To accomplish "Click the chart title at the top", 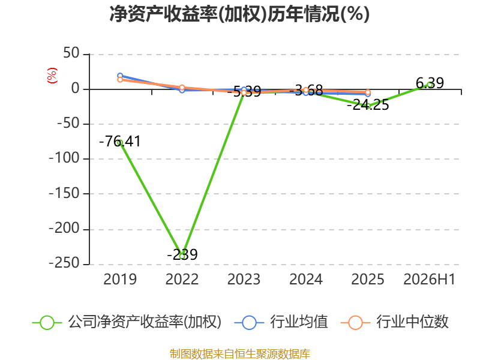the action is click(239, 14).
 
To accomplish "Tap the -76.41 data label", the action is click(120, 142).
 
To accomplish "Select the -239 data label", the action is click(182, 254).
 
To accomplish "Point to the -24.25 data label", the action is click(368, 104).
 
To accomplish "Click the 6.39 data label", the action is click(430, 83).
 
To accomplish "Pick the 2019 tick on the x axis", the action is click(120, 279).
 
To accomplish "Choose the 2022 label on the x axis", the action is click(182, 279).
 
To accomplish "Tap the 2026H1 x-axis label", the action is click(430, 279).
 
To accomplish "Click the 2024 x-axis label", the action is click(306, 279).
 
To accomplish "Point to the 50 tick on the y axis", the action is click(71, 53).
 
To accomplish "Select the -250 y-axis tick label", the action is click(64, 263).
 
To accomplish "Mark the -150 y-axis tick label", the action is click(64, 193).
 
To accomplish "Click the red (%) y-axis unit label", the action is click(52, 76).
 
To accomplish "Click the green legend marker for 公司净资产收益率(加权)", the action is click(47, 323).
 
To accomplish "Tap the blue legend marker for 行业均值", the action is click(249, 323).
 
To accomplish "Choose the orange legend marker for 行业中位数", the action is click(355, 323).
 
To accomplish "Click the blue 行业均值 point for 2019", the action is click(120, 76).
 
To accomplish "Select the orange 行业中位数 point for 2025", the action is click(368, 92).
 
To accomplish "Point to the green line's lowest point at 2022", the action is click(182, 256).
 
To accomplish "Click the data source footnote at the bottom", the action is click(239, 354).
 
